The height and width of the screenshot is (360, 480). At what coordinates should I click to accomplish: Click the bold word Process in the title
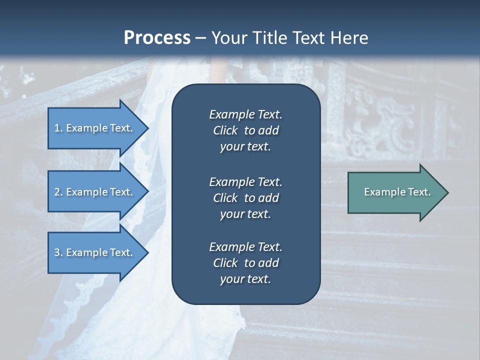tap(157, 37)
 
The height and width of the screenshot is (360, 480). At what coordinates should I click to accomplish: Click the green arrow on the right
tap(395, 192)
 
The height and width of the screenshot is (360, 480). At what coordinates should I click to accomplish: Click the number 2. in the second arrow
tap(58, 192)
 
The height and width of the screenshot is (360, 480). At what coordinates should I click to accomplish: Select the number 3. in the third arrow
tap(58, 252)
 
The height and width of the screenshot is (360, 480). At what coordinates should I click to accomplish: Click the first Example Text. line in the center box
tap(245, 114)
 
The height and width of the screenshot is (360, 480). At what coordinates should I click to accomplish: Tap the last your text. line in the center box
tap(245, 279)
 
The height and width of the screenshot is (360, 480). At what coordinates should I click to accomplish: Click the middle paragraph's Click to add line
tap(245, 198)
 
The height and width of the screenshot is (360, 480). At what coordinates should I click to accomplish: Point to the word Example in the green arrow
tap(381, 192)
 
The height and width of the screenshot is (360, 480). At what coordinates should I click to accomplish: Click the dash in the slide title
tap(201, 38)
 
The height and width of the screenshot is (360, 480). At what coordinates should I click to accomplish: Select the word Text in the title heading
tap(309, 37)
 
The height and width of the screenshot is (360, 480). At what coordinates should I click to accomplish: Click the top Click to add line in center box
tap(245, 130)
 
